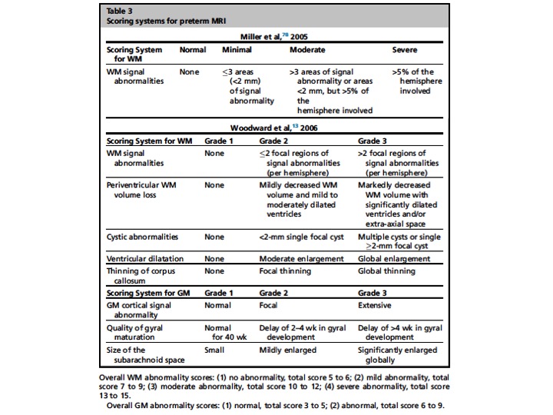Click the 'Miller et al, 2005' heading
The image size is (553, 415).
278,36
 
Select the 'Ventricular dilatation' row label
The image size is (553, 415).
144,260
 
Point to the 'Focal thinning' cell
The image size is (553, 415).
285,271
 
